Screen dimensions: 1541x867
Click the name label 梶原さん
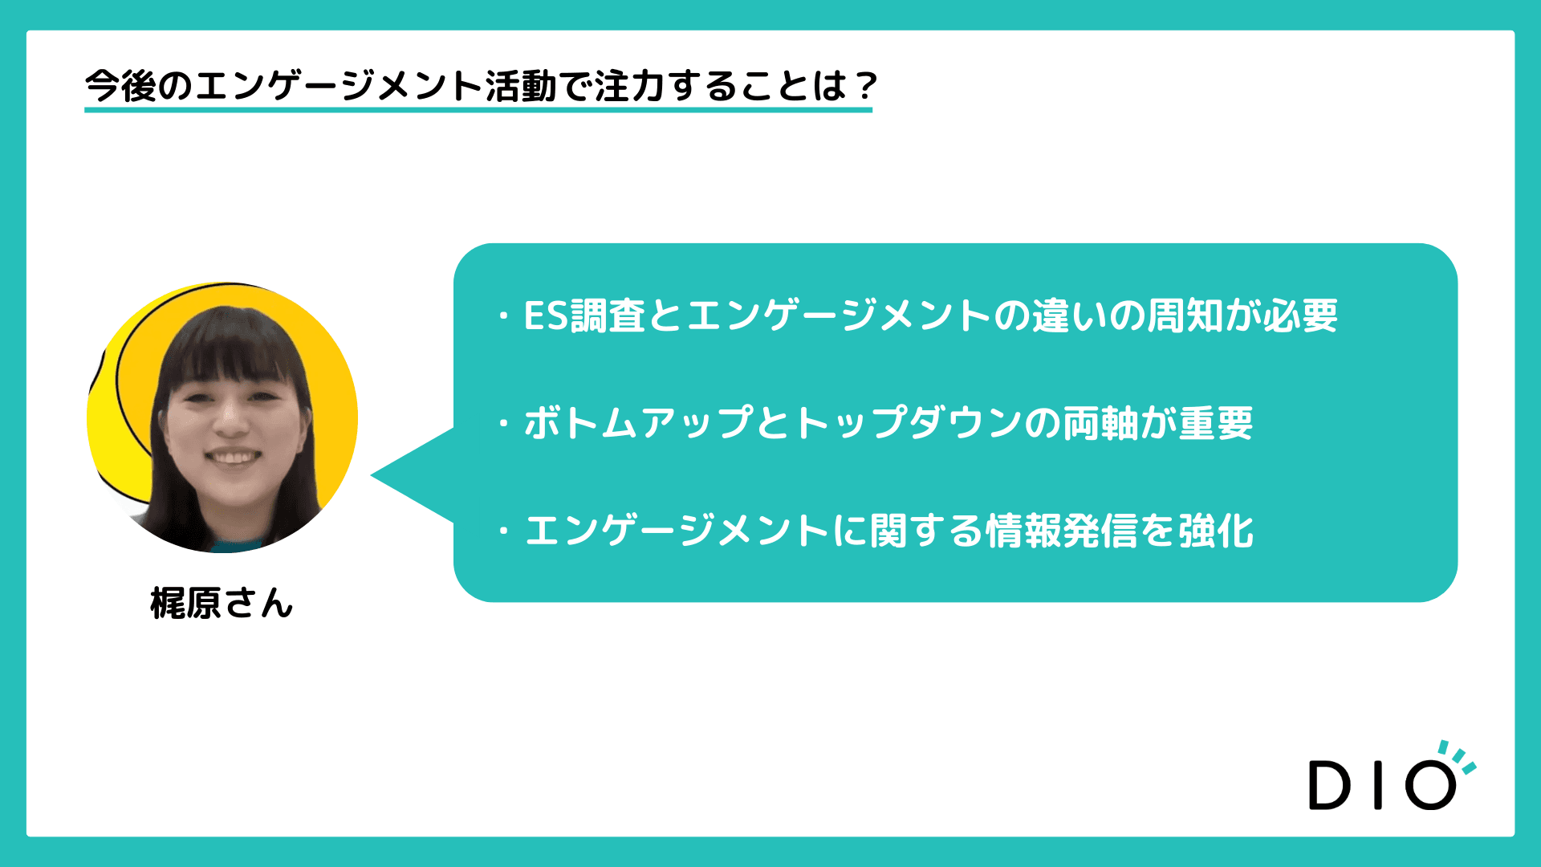click(x=222, y=603)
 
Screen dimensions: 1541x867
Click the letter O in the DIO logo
click(x=1430, y=784)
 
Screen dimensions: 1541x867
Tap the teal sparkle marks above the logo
click(x=1458, y=756)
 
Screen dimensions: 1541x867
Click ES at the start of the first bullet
click(x=546, y=315)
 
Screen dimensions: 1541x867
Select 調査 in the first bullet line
click(x=608, y=315)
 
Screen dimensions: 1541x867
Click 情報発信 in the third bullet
click(x=1063, y=531)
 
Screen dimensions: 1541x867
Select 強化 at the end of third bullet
click(x=1217, y=531)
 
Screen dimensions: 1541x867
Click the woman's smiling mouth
click(x=233, y=458)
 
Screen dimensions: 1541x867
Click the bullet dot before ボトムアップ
click(x=504, y=422)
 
